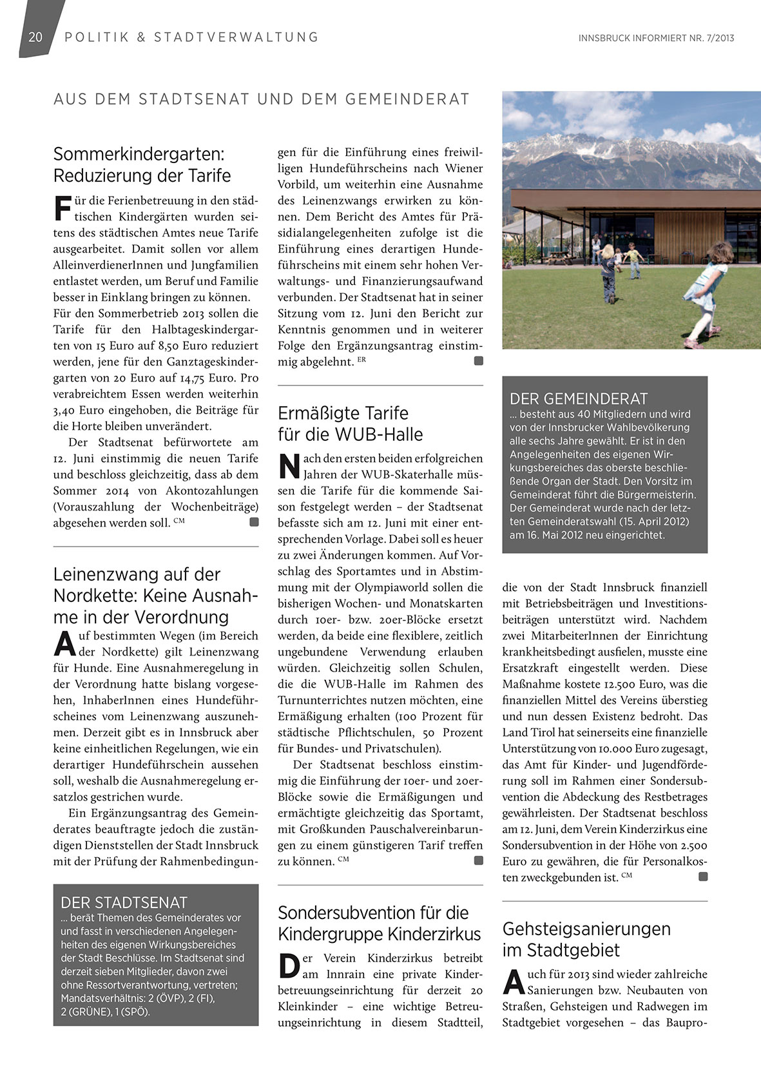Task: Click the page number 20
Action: [35, 37]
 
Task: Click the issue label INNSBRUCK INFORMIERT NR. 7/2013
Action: [656, 38]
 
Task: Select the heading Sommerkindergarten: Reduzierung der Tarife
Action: [142, 165]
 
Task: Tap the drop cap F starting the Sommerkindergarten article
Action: [63, 208]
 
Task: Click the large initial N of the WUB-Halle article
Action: [289, 467]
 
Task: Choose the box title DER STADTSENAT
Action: [124, 902]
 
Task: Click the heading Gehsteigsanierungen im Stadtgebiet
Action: [586, 939]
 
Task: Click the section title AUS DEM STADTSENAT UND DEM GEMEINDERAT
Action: [262, 99]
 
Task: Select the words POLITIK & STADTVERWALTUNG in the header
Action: [191, 37]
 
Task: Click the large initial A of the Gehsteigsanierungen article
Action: [514, 982]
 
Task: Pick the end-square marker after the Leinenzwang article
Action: [478, 361]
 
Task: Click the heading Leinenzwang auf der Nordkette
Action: [155, 595]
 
